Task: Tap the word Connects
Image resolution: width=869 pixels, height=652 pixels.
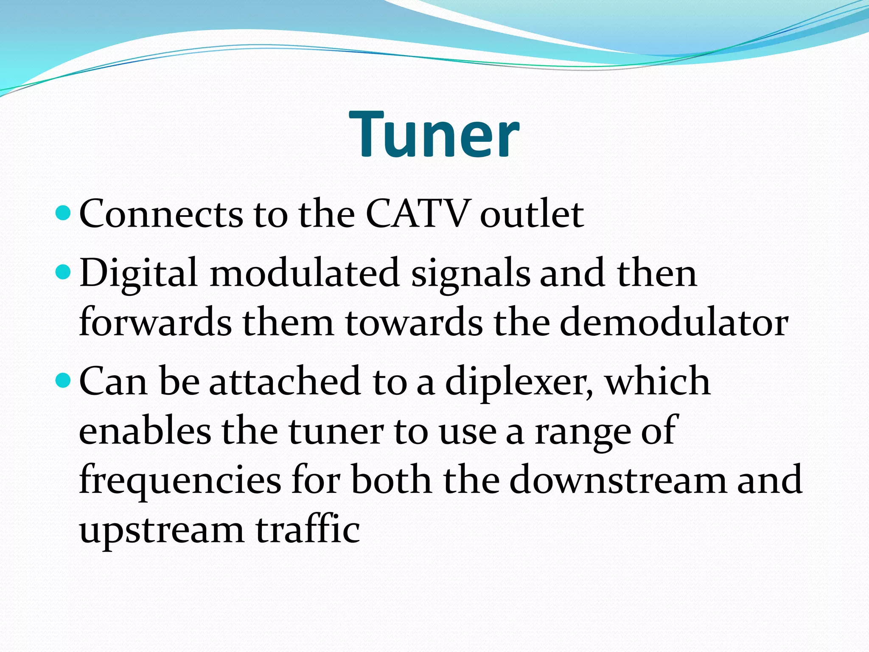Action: (x=161, y=214)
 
